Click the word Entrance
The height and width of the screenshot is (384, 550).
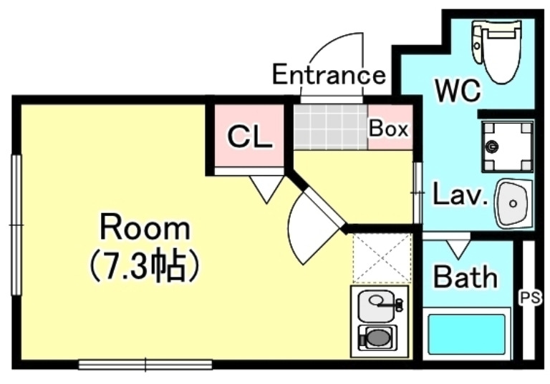click(329, 74)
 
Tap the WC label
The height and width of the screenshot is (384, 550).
click(458, 91)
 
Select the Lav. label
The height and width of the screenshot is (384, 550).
click(459, 195)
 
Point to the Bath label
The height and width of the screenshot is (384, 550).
click(465, 276)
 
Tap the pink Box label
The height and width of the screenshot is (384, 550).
click(388, 129)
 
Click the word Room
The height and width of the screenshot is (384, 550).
click(145, 229)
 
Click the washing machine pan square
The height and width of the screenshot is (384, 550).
click(507, 147)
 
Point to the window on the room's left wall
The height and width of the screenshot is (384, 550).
click(15, 225)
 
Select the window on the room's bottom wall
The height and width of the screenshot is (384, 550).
click(145, 365)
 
